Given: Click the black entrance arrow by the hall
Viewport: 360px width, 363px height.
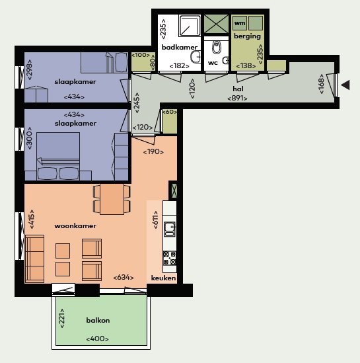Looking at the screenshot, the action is click(x=345, y=85).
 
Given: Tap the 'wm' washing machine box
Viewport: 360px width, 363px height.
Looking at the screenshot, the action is click(x=240, y=23).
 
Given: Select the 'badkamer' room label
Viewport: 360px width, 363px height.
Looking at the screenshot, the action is click(x=180, y=47).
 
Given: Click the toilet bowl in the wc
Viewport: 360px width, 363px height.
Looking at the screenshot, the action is click(x=217, y=47).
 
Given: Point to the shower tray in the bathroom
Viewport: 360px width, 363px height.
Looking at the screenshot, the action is click(x=190, y=26).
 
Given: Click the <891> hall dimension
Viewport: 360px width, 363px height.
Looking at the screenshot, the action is click(x=237, y=99).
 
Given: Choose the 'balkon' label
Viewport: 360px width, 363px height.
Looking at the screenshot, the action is click(x=98, y=321).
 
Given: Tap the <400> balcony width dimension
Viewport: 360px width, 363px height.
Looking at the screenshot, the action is click(x=97, y=339).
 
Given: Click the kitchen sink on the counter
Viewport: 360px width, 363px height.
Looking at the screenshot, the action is click(x=170, y=229).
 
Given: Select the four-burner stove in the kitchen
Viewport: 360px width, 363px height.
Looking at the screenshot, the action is click(x=170, y=258).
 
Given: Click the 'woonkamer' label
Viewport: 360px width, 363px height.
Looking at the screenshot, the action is click(x=75, y=226).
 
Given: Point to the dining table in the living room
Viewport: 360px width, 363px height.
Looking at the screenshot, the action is click(x=112, y=199).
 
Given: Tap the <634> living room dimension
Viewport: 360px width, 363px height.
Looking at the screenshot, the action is click(x=124, y=277).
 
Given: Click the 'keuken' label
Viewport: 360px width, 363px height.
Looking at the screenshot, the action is click(x=163, y=278).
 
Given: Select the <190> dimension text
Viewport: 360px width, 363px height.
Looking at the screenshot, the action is click(x=153, y=152).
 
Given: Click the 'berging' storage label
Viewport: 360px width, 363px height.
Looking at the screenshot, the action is click(x=247, y=36).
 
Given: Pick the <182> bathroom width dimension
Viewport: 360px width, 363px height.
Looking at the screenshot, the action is click(x=180, y=66).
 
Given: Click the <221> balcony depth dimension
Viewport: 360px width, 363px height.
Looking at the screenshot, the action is click(x=62, y=318).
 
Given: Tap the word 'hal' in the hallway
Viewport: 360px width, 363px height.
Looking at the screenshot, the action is click(x=238, y=89).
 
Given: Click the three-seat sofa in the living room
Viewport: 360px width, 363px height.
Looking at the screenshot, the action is click(x=34, y=259).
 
